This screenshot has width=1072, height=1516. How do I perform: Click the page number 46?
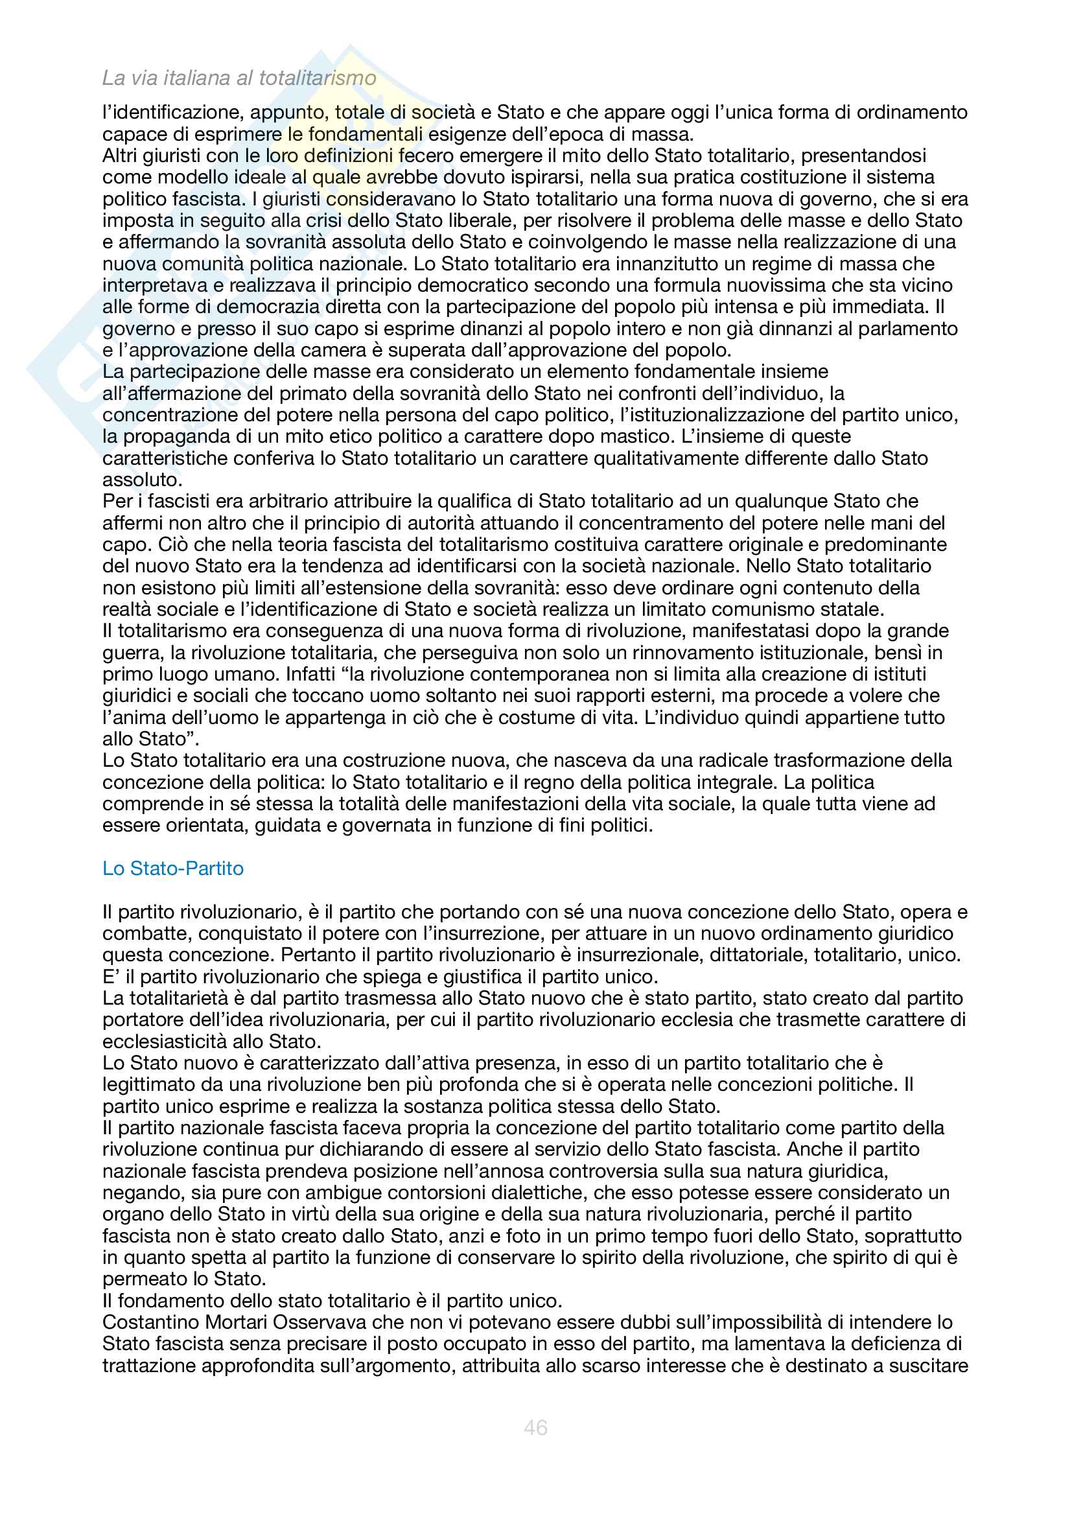[535, 1427]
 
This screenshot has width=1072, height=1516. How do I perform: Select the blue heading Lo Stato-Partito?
[173, 868]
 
